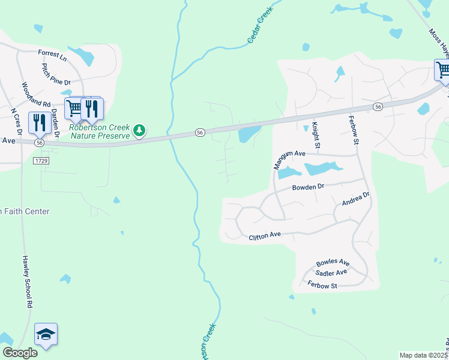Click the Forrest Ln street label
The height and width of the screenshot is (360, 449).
pos(52,55)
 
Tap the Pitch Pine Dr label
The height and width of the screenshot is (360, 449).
pos(56,76)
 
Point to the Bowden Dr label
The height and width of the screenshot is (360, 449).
pos(308,187)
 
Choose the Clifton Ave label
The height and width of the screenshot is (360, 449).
pos(265,237)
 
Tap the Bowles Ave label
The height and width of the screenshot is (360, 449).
pos(333,263)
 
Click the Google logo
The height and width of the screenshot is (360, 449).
pos(20,352)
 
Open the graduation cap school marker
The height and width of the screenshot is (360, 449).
pos(46,335)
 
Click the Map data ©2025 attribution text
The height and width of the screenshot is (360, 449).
pos(424,355)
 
